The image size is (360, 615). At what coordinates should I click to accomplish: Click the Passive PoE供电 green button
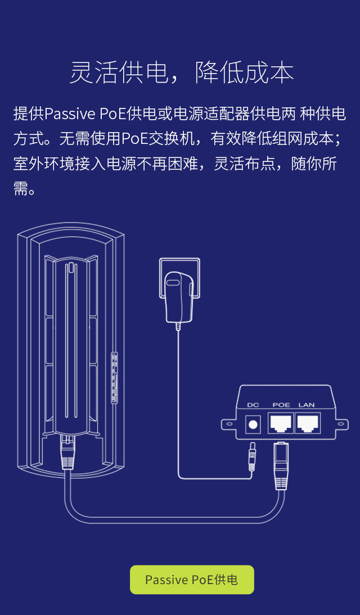[x=192, y=580]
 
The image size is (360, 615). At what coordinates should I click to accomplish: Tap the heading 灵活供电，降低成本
[x=181, y=73]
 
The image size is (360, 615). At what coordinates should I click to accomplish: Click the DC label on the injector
[x=253, y=405]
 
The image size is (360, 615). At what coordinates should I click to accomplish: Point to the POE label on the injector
[x=281, y=405]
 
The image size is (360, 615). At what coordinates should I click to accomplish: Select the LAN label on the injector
[x=307, y=405]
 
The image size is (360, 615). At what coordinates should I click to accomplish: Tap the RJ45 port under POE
[x=281, y=423]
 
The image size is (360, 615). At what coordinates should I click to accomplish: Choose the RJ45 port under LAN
[x=307, y=423]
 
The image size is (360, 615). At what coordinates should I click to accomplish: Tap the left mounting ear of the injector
[x=229, y=426]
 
